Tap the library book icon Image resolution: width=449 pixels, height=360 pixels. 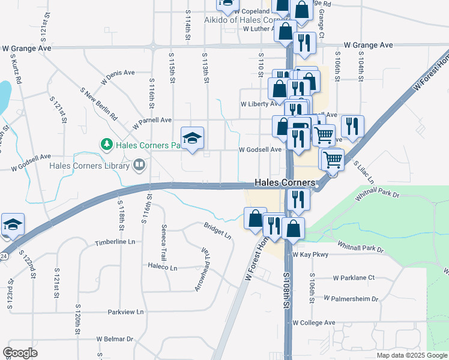coord(139,164)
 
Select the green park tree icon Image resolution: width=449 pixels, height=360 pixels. coord(106,144)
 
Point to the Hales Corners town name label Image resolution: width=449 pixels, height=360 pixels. coord(285,182)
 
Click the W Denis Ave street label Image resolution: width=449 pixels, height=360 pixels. coord(116,73)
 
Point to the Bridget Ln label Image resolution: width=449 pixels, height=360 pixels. coord(218,232)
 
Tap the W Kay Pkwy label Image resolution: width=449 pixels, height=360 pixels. coord(310,254)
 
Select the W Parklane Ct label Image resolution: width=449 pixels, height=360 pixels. coord(354,278)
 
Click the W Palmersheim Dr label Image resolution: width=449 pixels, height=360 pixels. coord(351,298)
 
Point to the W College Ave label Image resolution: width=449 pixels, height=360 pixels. coord(313,322)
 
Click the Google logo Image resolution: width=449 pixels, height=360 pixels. coord(20,353)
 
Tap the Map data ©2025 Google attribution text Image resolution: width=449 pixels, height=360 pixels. coord(412,355)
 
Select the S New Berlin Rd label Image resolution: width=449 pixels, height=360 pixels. coord(99,103)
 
